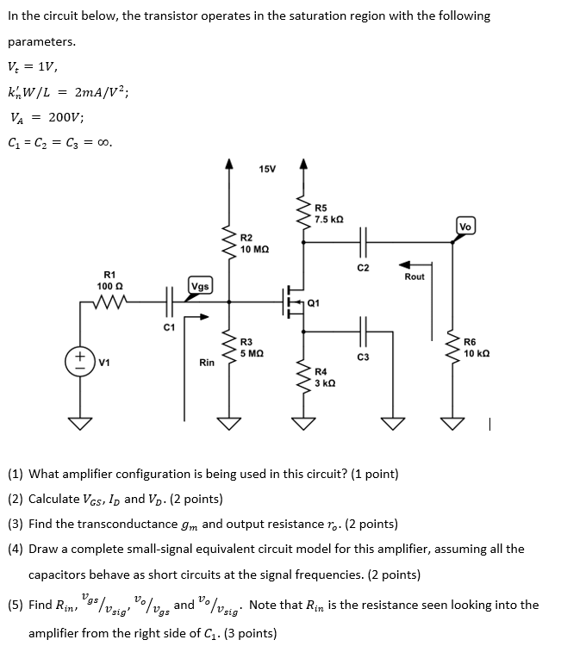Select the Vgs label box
199,286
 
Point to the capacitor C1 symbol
169,302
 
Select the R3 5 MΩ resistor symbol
229,351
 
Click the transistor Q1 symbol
296,302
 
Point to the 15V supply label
267,168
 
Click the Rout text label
415,276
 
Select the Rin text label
207,363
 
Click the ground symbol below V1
80,423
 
